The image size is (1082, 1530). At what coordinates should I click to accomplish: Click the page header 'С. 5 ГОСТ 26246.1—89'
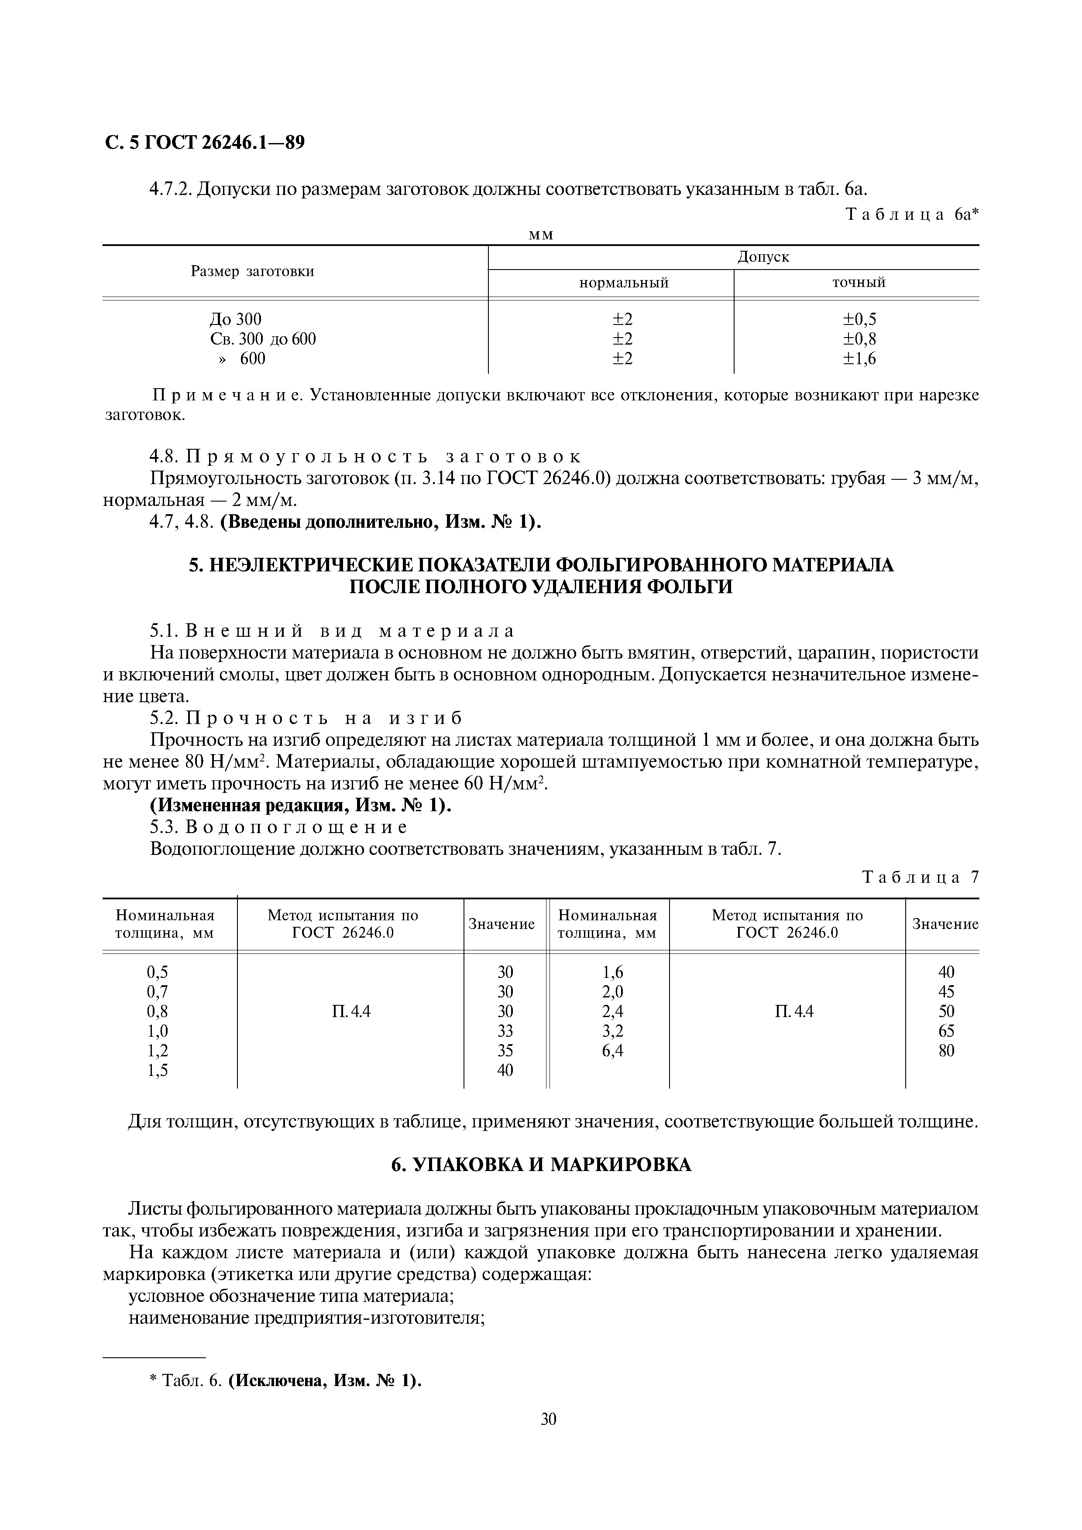205,143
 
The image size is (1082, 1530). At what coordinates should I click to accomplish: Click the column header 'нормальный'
623,283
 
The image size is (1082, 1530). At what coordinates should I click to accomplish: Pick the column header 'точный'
858,283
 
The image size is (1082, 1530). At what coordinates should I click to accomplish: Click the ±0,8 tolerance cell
859,339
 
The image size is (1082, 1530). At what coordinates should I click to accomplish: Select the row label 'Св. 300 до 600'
263,339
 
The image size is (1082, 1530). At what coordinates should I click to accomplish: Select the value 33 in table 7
505,1031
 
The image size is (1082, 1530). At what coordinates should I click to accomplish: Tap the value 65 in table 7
946,1031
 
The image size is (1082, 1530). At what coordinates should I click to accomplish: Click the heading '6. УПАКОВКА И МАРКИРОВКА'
541,1165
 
